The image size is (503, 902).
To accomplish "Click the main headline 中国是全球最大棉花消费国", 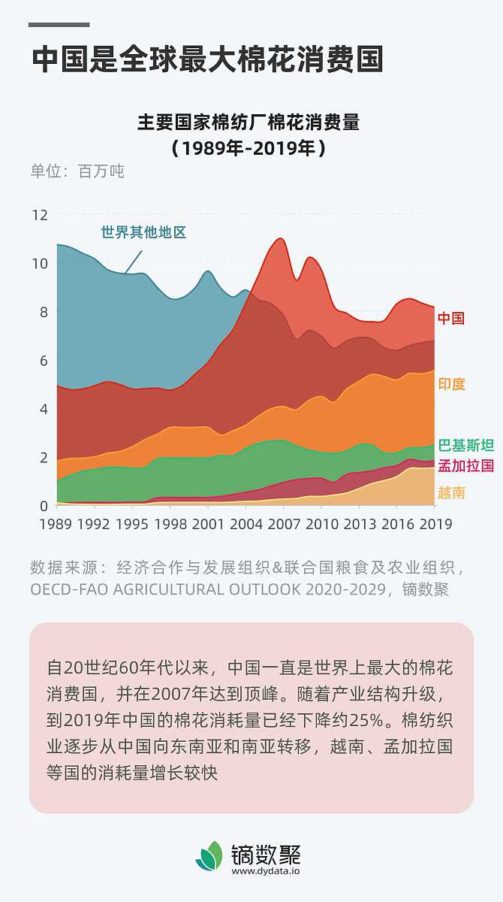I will (x=207, y=59).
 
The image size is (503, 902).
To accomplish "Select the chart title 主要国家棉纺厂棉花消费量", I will (x=248, y=122).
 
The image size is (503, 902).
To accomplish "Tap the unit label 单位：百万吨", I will (x=77, y=171).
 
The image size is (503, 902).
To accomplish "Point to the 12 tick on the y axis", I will (x=39, y=215).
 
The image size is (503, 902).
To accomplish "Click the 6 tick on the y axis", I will (x=43, y=361).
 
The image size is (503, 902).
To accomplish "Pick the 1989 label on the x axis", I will (x=56, y=524).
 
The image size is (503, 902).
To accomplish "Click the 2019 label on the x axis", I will (x=435, y=524).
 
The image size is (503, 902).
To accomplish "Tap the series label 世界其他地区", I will (x=143, y=232).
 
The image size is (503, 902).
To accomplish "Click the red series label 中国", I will (x=451, y=318).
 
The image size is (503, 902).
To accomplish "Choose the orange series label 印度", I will (x=451, y=384).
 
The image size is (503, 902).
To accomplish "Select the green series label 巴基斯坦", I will (x=465, y=446).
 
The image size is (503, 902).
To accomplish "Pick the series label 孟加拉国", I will (x=465, y=466).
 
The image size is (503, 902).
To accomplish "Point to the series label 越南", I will (x=451, y=493).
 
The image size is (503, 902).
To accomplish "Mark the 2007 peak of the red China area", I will (x=280, y=239).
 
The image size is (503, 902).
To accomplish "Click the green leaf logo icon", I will (x=209, y=856).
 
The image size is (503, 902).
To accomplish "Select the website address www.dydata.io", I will (x=266, y=871).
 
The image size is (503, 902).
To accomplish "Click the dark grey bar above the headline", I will (x=59, y=25).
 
